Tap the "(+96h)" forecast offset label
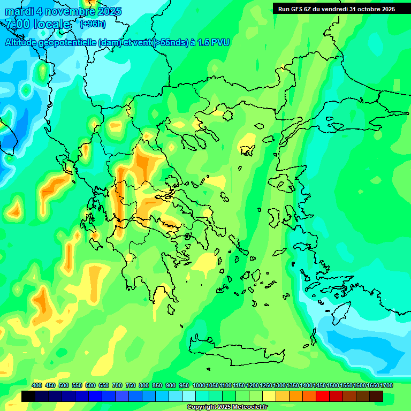pyautogui.click(x=93, y=24)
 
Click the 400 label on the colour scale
pyautogui.click(x=37, y=385)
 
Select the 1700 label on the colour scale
pyautogui.click(x=387, y=385)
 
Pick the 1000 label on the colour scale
pyautogui.click(x=199, y=385)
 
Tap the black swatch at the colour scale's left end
pyautogui.click(x=28, y=397)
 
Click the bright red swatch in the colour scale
pyautogui.click(x=323, y=397)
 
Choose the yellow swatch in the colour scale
pyautogui.click(x=269, y=397)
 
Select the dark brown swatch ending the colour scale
pyautogui.click(x=376, y=397)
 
